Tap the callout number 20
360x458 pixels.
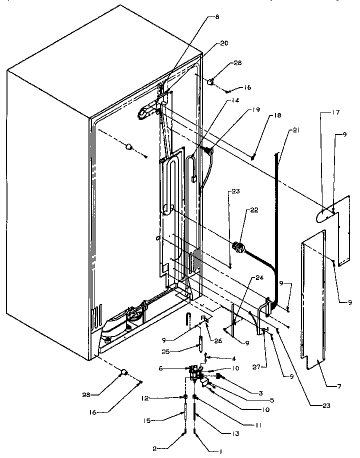click(224, 43)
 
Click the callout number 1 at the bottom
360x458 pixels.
click(220, 451)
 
